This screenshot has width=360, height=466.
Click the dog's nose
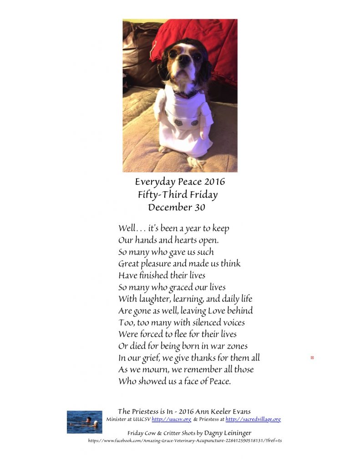(x=183, y=58)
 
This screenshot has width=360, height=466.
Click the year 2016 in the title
(x=213, y=182)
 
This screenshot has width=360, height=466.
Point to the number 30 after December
(x=199, y=208)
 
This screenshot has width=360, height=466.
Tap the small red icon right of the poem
(x=312, y=358)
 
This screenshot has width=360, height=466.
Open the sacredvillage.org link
(x=253, y=420)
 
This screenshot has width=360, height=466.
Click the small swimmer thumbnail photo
(x=84, y=422)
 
